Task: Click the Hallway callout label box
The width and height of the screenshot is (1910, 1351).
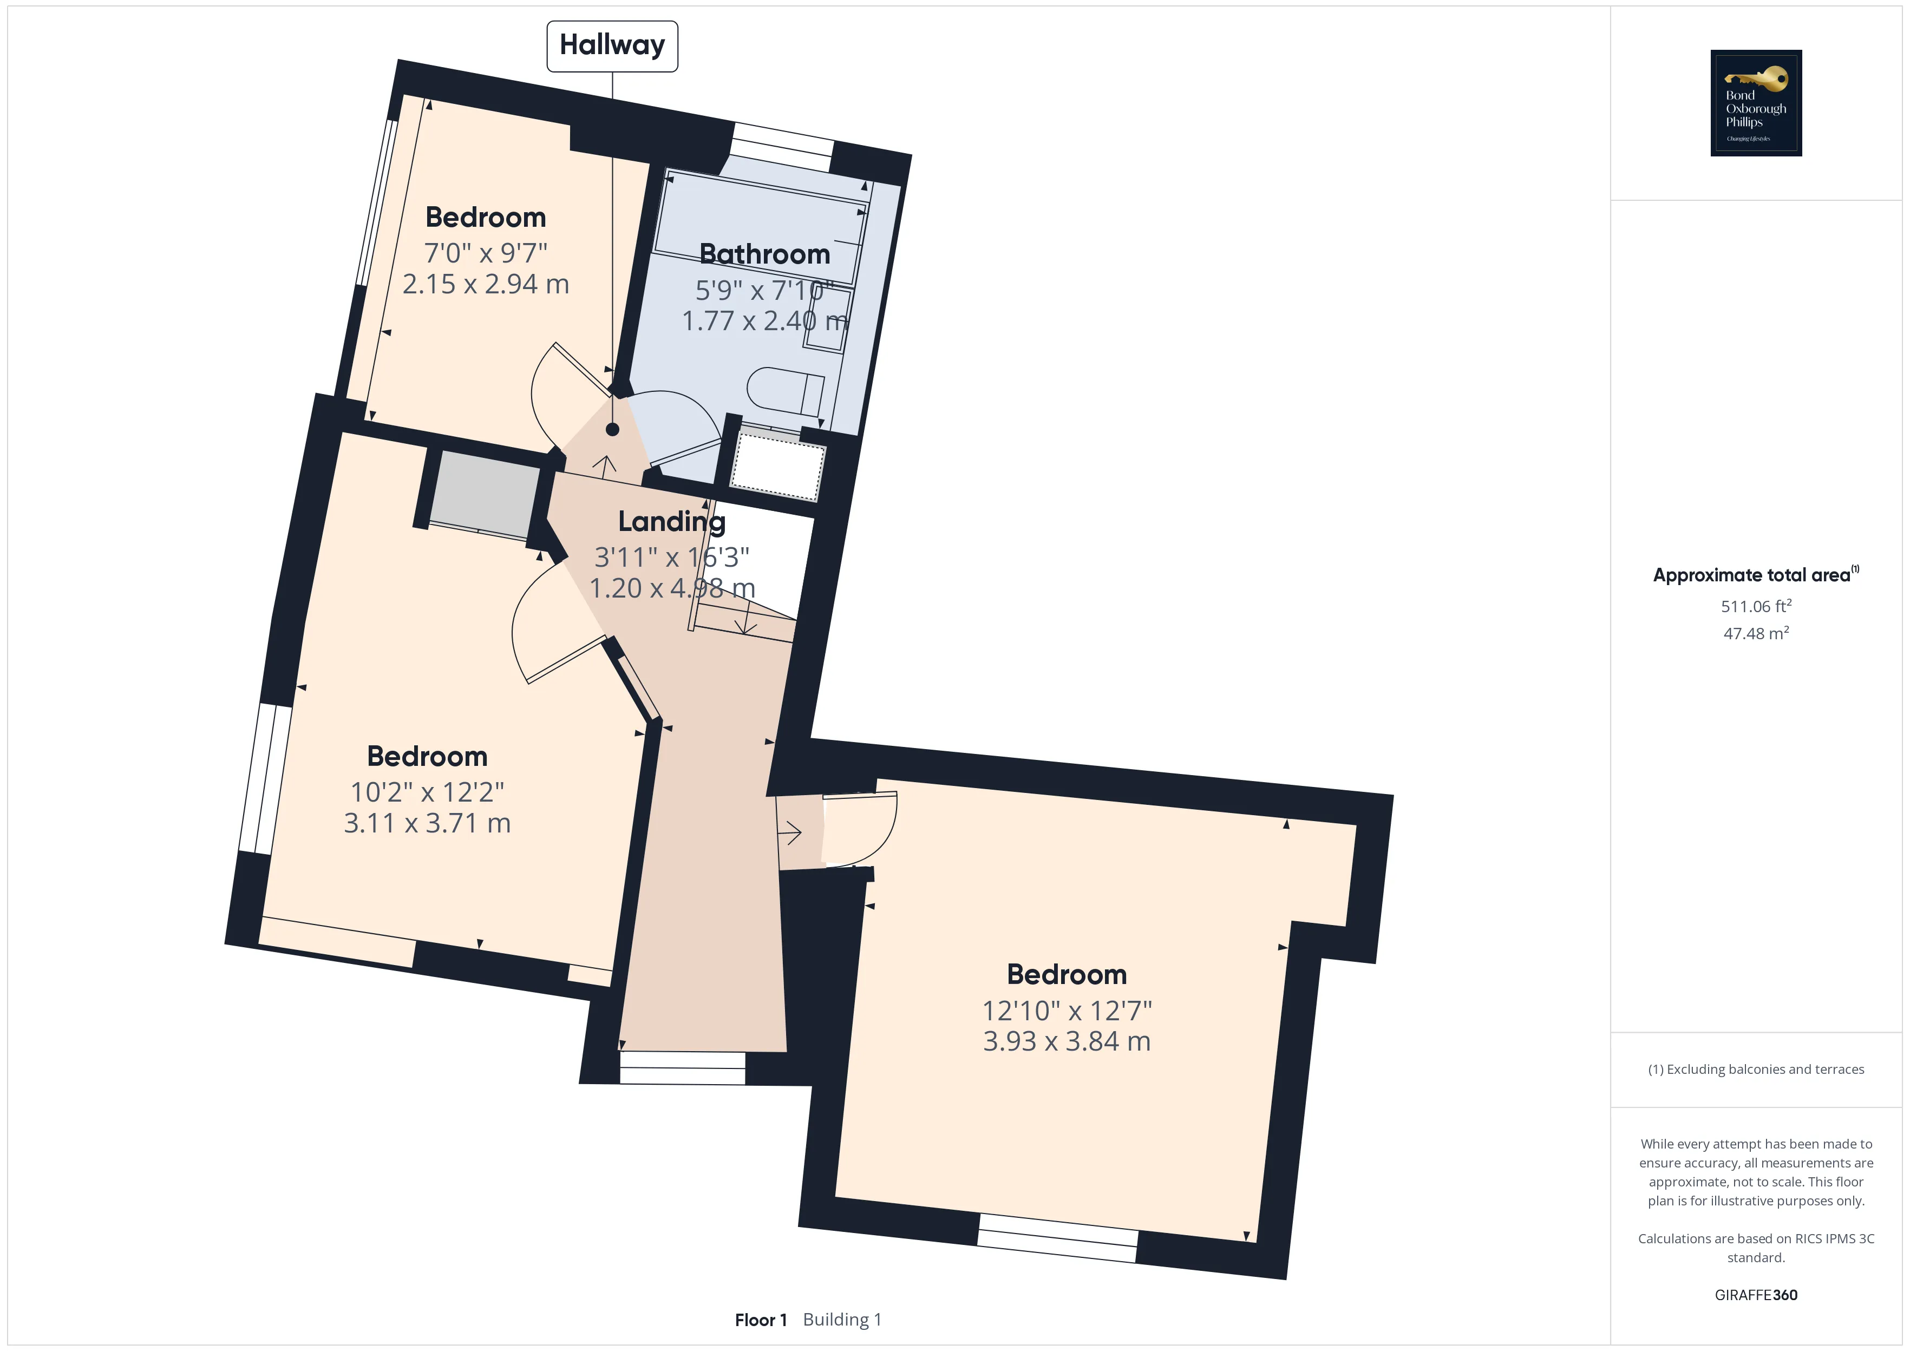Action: [x=612, y=46]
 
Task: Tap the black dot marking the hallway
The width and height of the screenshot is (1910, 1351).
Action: [x=612, y=429]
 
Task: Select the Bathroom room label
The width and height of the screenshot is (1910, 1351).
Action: [x=764, y=254]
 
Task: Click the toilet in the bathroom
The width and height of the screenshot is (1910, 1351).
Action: [x=786, y=391]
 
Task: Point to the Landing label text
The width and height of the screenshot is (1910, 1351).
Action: [x=671, y=522]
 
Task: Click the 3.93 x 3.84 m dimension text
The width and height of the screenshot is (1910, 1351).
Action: [x=1067, y=1041]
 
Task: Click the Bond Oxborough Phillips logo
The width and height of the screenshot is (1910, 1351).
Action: [x=1756, y=103]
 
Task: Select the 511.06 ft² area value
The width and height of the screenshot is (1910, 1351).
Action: [x=1756, y=606]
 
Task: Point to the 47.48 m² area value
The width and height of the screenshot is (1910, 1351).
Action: [x=1756, y=633]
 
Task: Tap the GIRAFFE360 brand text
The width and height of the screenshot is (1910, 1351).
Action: [x=1756, y=1294]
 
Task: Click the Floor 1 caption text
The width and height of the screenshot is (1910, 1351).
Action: [x=760, y=1320]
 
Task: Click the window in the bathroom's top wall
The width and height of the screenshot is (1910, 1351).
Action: [x=782, y=148]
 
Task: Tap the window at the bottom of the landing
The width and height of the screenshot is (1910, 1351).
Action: [x=682, y=1068]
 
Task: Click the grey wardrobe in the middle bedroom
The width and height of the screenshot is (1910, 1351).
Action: [x=485, y=494]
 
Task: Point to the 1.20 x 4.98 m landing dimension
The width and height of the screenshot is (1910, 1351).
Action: [x=672, y=588]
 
